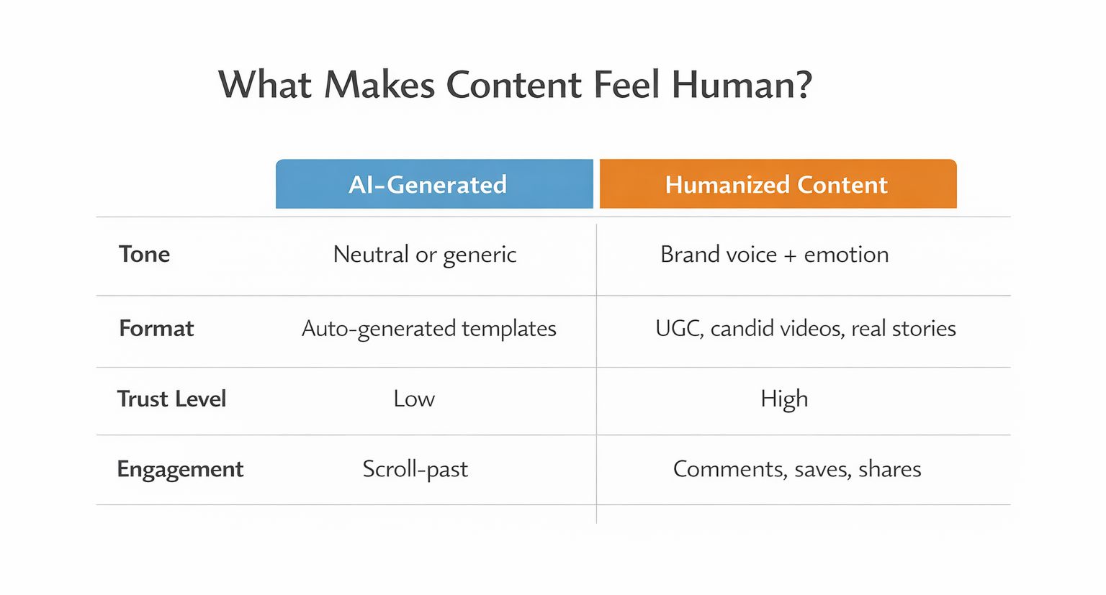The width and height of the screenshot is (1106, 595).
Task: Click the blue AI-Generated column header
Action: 434,184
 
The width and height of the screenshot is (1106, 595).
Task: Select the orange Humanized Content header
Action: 778,184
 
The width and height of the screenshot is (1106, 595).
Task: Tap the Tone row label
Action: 144,254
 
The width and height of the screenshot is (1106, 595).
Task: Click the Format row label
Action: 156,328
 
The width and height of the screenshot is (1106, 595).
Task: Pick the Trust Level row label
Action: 171,399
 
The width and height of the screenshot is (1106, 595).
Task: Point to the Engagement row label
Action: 180,469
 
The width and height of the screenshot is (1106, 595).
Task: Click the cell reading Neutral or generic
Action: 425,255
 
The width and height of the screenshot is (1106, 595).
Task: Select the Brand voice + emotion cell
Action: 774,255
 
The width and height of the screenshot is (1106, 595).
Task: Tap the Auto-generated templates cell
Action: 428,329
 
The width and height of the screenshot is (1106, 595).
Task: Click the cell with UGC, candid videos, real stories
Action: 805,329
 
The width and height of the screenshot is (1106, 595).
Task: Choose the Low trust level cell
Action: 414,399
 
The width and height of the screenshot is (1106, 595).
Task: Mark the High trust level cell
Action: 784,399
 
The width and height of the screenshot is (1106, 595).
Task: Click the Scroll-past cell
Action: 415,469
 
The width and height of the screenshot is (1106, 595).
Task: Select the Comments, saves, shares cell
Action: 796,469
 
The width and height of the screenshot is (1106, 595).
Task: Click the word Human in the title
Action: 742,85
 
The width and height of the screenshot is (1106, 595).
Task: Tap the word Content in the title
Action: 513,85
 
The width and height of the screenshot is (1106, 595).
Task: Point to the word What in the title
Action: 265,85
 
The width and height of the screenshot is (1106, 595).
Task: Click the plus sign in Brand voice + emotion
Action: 790,255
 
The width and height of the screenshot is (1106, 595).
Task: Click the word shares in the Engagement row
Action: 890,469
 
